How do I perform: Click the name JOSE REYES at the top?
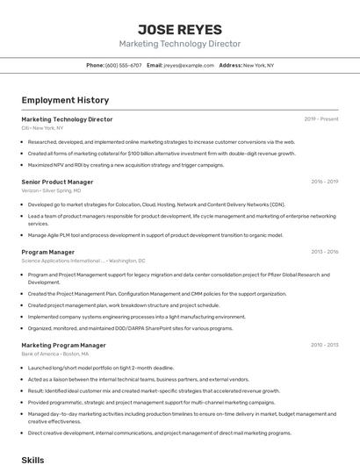point(180,29)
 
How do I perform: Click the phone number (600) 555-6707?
point(123,65)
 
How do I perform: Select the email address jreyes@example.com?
point(189,65)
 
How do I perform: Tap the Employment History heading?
point(65,100)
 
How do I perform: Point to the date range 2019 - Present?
point(321,119)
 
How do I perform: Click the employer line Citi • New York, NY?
point(42,128)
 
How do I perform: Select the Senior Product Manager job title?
point(57,182)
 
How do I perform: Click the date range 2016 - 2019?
point(324,182)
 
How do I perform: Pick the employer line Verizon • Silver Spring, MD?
point(51,190)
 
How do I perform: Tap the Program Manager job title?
point(47,252)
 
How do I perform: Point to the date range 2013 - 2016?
point(324,252)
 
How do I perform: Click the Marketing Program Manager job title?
point(63,346)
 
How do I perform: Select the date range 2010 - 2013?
point(324,346)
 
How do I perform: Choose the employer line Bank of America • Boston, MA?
point(60,354)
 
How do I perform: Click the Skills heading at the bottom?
point(32,459)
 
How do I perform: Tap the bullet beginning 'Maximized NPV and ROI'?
point(126,164)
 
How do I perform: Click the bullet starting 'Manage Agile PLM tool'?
point(155,235)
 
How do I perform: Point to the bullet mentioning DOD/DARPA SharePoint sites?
point(130,328)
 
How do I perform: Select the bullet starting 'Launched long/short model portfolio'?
point(100,368)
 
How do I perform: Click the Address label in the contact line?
point(230,65)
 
